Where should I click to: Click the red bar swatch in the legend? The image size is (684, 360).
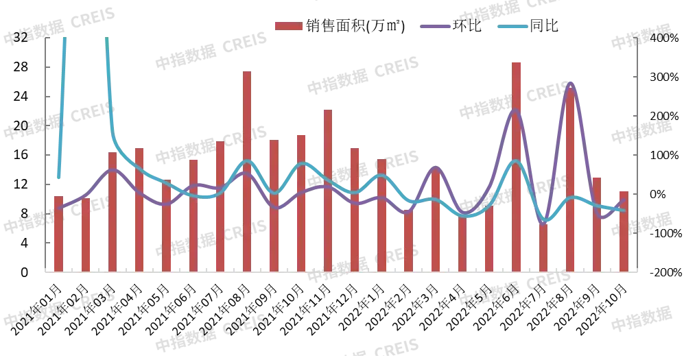coord(288,27)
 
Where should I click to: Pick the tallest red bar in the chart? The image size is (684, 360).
coord(516,165)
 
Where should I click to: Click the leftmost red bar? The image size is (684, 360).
coord(59,233)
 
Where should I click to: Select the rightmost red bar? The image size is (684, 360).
coord(624,230)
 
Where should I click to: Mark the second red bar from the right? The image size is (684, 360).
coord(597,224)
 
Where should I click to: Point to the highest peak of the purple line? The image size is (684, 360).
coord(570,82)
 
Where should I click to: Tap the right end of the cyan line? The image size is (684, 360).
coord(624,210)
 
